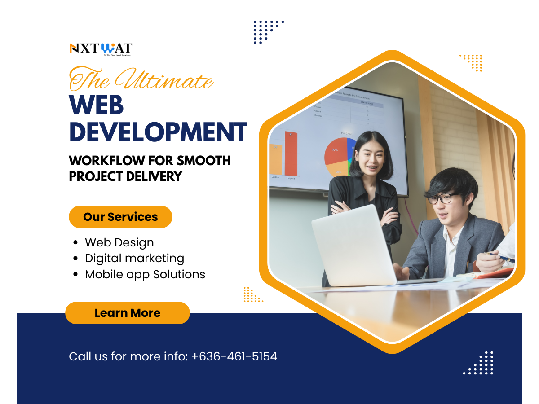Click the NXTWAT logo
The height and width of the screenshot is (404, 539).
(x=101, y=48)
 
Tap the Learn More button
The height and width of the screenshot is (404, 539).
(x=128, y=313)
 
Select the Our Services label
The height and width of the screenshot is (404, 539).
(x=120, y=217)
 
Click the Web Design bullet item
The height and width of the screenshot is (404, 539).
(x=119, y=243)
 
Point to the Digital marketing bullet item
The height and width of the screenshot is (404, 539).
(x=134, y=259)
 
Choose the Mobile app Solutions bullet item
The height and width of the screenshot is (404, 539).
(x=145, y=274)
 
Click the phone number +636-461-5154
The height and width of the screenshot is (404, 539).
(x=234, y=356)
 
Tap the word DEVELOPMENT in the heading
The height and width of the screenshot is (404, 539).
(x=158, y=132)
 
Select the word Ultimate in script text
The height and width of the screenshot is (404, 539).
(x=163, y=80)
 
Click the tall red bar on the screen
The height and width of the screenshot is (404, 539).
(x=291, y=154)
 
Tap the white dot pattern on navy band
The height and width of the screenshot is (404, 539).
(x=479, y=363)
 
